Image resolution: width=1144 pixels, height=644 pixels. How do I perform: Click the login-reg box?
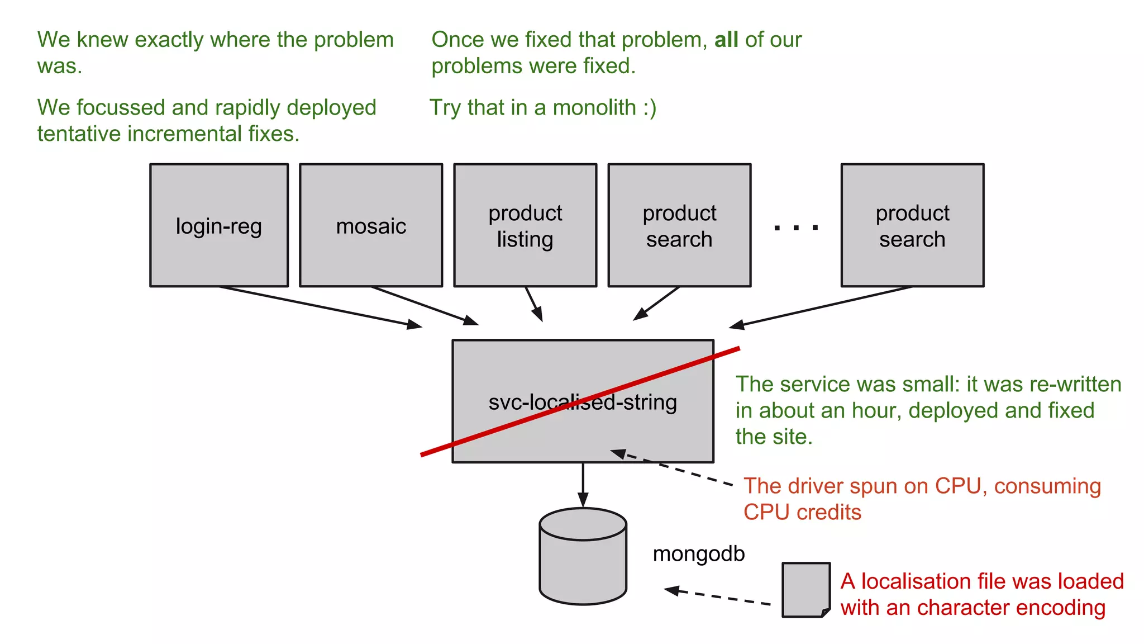point(219,225)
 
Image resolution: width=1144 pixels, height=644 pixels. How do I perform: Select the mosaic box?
point(371,225)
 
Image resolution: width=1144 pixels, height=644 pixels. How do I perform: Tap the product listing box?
point(525,225)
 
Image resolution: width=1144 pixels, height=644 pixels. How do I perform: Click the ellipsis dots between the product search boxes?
point(796,228)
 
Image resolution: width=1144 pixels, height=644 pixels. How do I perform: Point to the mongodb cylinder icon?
point(583,556)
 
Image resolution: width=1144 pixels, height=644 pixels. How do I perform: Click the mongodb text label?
point(698,553)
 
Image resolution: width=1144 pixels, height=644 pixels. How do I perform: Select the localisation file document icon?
point(805,590)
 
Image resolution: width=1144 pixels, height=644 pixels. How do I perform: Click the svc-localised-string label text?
point(583,402)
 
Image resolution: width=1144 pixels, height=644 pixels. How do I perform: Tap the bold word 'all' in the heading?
point(726,40)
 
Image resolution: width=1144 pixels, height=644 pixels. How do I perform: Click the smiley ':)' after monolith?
point(649,107)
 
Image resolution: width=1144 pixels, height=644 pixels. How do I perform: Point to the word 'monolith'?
point(594,107)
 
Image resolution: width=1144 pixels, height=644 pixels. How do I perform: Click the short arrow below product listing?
point(534,305)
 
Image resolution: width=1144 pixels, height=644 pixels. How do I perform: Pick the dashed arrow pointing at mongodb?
point(718,596)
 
